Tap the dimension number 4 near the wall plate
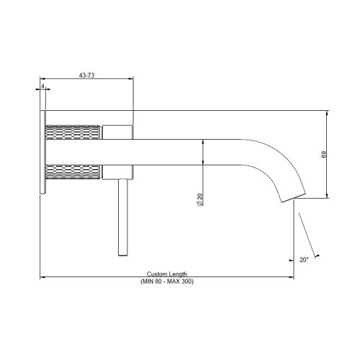(x=44, y=86)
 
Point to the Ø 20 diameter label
(x=199, y=200)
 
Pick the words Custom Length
(x=167, y=274)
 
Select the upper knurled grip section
(x=72, y=134)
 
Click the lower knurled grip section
(x=72, y=173)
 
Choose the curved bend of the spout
(x=270, y=160)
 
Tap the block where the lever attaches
(x=117, y=171)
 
